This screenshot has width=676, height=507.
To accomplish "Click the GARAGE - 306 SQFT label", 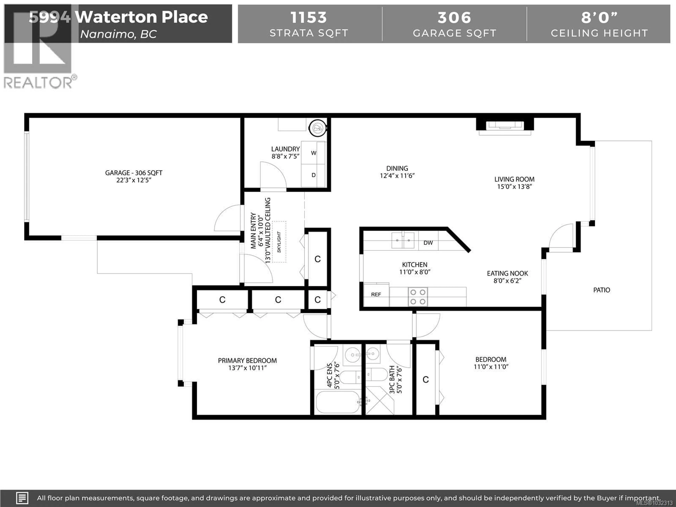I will pyautogui.click(x=134, y=173).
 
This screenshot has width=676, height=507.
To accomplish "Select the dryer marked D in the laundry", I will pyautogui.click(x=314, y=175).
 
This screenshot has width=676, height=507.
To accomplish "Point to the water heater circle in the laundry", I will pyautogui.click(x=318, y=128).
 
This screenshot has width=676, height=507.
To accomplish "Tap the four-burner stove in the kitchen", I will pyautogui.click(x=418, y=297).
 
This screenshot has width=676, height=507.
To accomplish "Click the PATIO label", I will pyautogui.click(x=601, y=290).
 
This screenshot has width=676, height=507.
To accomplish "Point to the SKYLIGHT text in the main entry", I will pyautogui.click(x=279, y=242).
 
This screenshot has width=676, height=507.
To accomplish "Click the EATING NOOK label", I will pyautogui.click(x=507, y=274).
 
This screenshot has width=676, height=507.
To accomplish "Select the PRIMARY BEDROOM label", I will pyautogui.click(x=247, y=361).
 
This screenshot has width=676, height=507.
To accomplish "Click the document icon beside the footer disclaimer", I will pyautogui.click(x=22, y=498).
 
